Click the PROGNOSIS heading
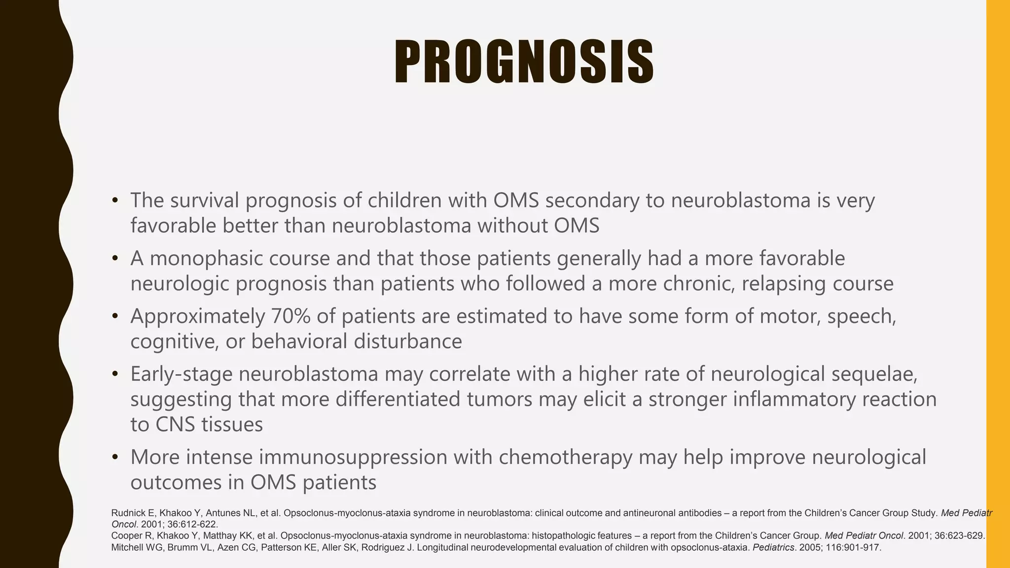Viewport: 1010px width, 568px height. point(524,63)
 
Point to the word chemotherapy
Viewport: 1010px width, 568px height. point(565,457)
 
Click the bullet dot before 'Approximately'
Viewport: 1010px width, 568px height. point(115,316)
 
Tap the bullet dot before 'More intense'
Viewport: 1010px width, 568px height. point(115,457)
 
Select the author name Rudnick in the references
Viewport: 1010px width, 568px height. point(128,513)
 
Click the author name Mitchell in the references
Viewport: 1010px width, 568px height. point(126,547)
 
